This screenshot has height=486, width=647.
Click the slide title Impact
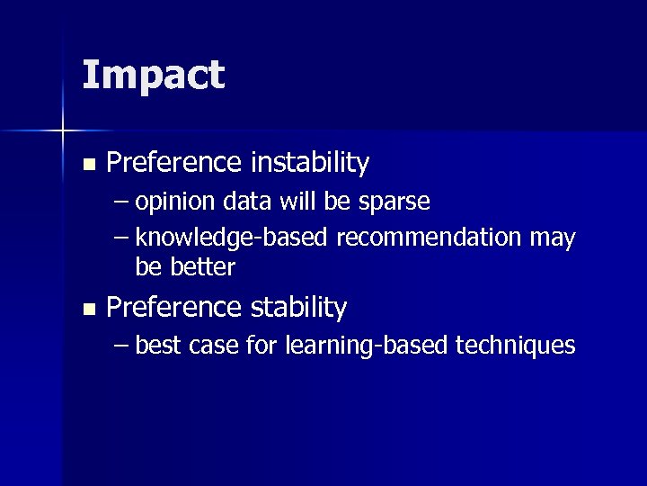[153, 76]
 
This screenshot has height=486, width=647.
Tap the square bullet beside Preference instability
[87, 165]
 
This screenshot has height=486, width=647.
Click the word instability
[309, 163]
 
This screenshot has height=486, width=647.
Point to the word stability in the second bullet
[298, 308]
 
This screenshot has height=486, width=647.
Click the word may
[553, 238]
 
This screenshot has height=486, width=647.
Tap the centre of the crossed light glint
[62, 130]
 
